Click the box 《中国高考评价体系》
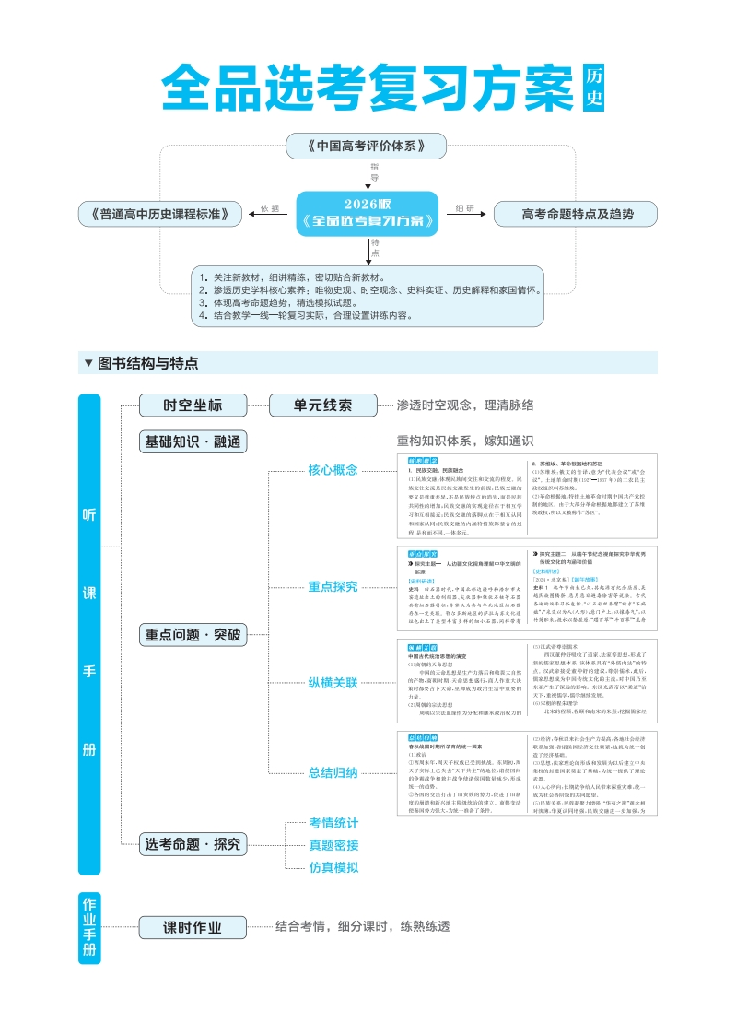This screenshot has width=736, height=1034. [x=366, y=146]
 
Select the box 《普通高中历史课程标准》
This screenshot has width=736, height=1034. [x=161, y=214]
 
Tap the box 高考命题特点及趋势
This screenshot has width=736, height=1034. [x=577, y=214]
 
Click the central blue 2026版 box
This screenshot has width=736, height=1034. [x=368, y=212]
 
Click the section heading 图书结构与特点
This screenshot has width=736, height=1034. [x=147, y=363]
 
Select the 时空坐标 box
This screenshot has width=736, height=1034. [x=193, y=405]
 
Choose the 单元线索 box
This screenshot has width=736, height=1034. [x=322, y=405]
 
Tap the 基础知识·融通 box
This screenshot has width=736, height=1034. [x=193, y=441]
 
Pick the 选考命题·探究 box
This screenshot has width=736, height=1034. [x=193, y=843]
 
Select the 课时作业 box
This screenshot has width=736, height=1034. [x=193, y=927]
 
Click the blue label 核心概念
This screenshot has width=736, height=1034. [x=333, y=470]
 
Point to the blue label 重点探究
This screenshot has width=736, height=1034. [x=333, y=585]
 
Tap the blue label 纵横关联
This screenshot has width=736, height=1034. [x=333, y=683]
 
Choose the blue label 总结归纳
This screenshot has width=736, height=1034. [x=333, y=772]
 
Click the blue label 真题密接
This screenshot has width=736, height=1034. [x=333, y=845]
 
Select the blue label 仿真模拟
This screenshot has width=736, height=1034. [x=333, y=867]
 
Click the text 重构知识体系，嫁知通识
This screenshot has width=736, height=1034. [x=465, y=441]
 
